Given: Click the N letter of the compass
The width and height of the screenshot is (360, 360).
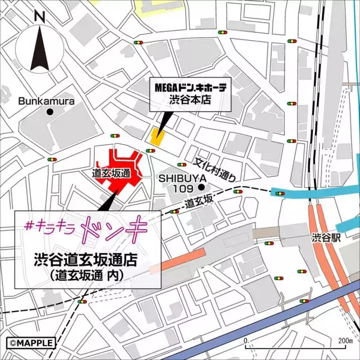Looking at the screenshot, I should (x=40, y=17).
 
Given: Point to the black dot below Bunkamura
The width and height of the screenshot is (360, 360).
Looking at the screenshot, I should (x=50, y=112).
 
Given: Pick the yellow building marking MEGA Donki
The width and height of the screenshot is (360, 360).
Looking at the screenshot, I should (x=157, y=136).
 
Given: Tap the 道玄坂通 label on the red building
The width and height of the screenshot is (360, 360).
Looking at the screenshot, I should (x=112, y=173).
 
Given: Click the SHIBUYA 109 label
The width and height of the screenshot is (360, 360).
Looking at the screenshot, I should (x=184, y=184).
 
